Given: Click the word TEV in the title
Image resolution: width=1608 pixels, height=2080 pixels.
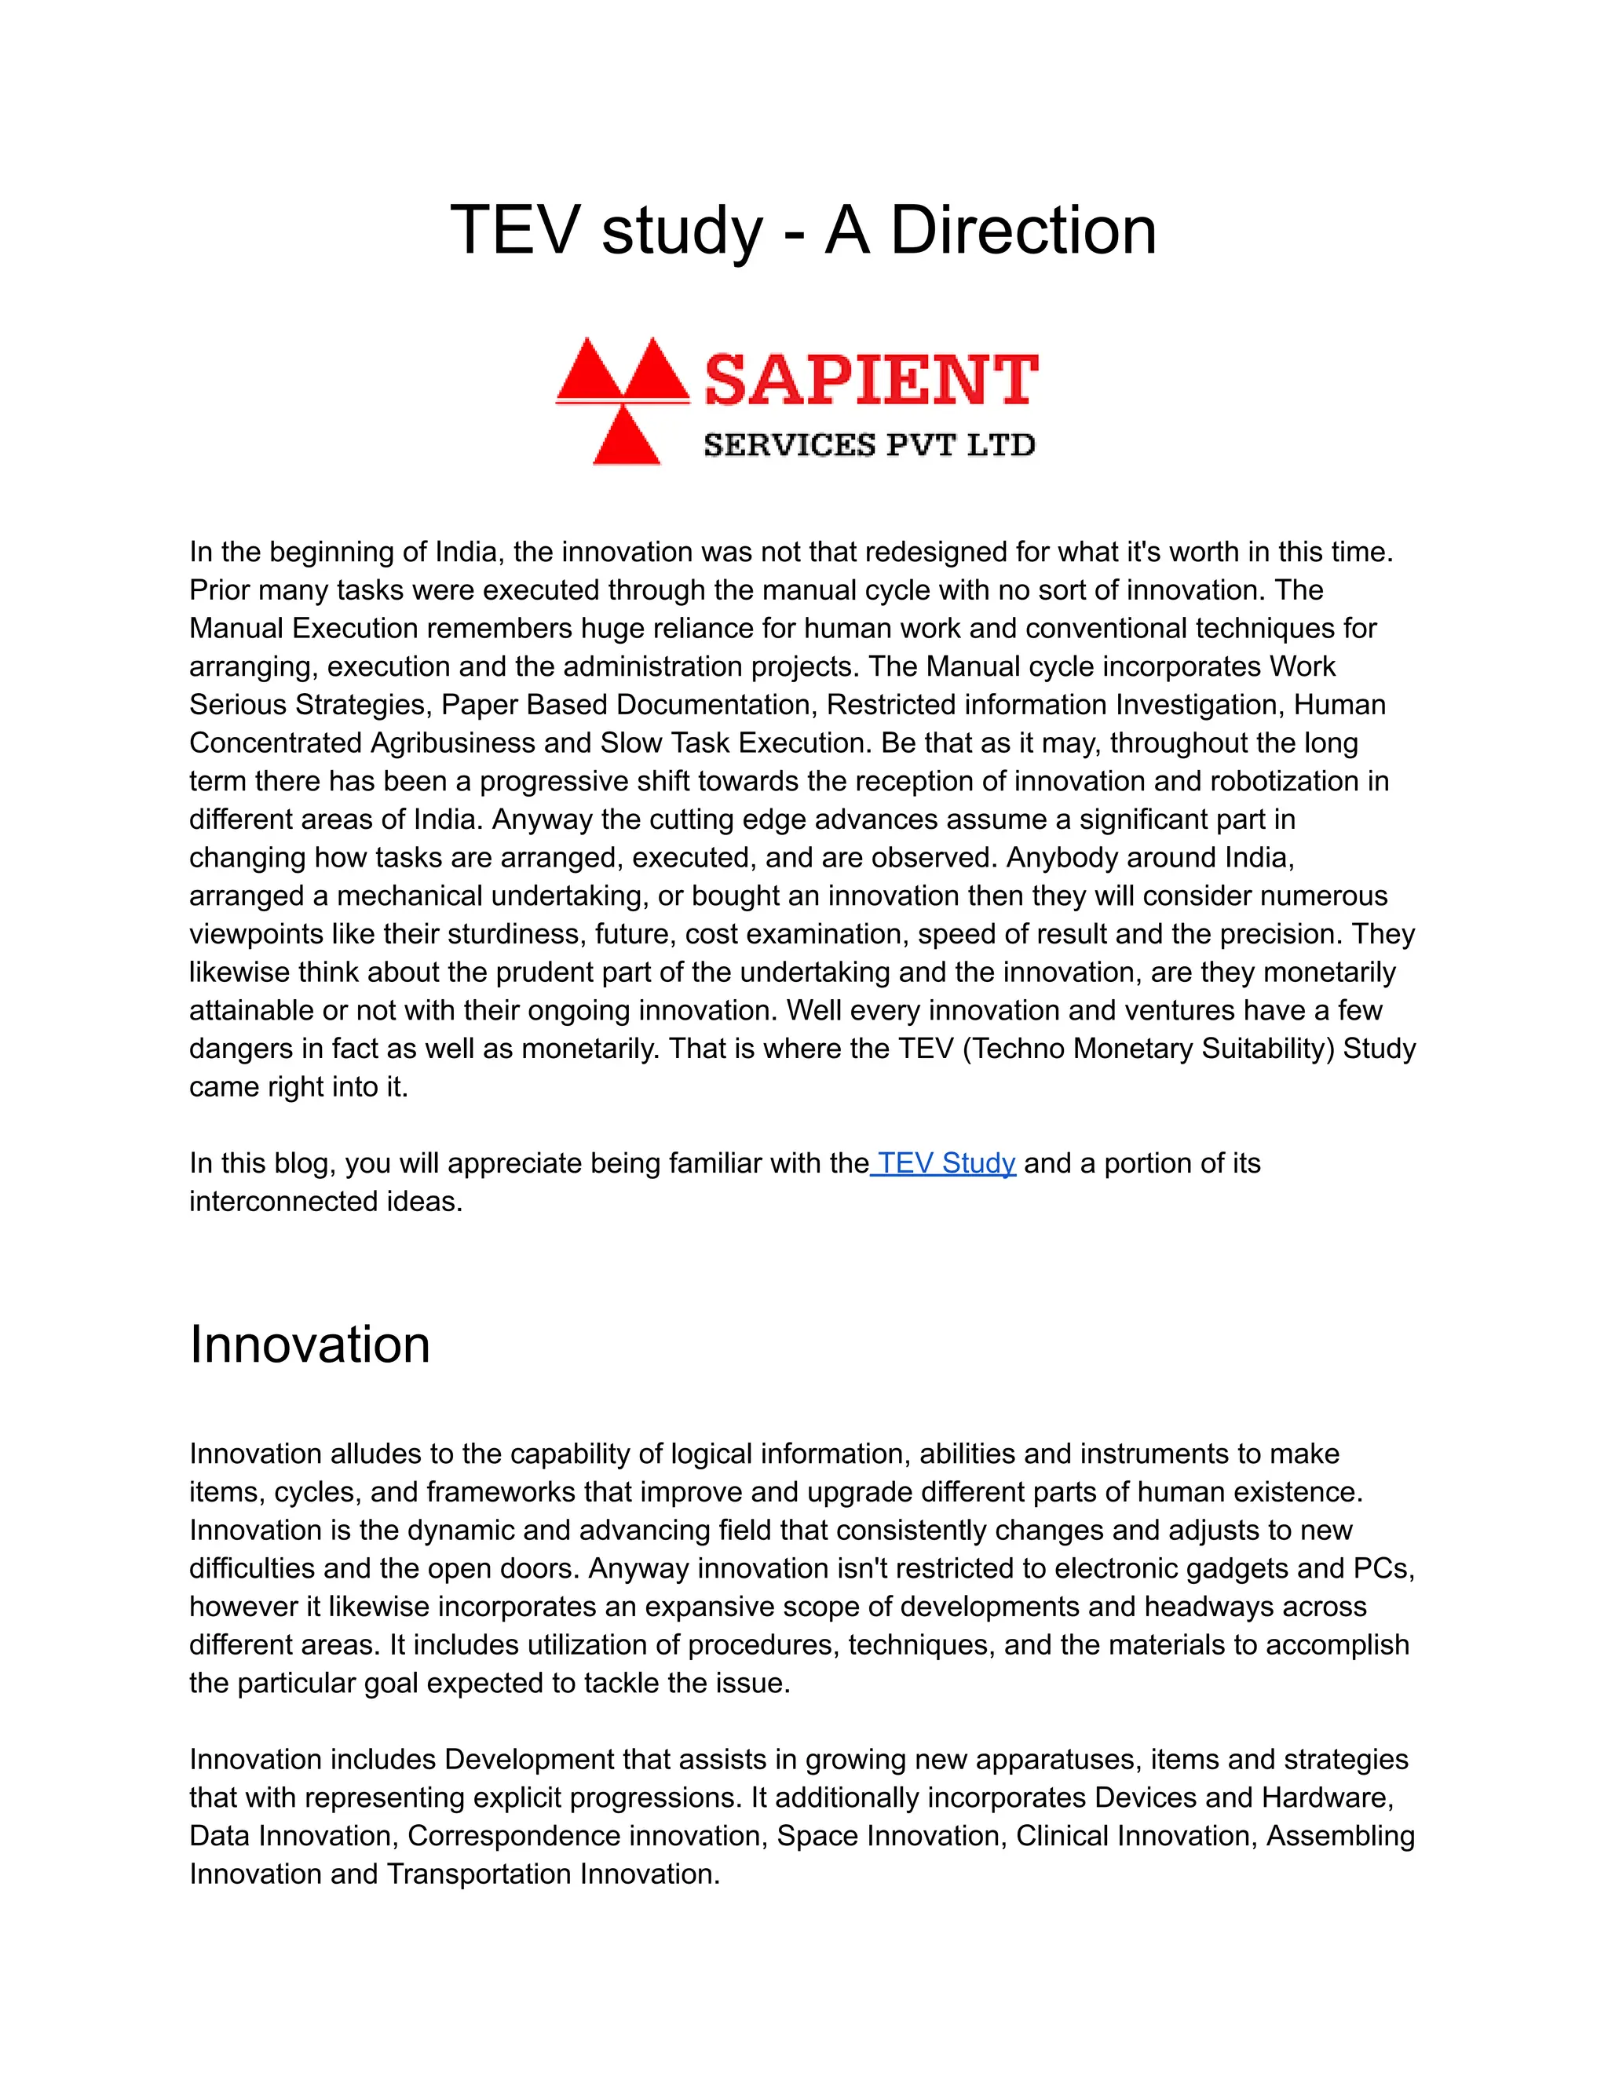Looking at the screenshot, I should [514, 231].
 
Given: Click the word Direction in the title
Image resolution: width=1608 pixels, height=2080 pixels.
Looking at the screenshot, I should [1023, 231].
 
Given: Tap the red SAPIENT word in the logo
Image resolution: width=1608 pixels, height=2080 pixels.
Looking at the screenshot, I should [871, 379].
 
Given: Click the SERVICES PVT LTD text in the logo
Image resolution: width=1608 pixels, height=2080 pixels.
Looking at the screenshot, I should [869, 445].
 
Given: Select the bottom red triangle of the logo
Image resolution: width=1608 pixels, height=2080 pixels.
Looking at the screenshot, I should [626, 437].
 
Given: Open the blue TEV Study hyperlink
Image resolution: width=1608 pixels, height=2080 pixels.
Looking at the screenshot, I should [945, 1163].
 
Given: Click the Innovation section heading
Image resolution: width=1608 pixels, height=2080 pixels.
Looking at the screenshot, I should [309, 1344].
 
